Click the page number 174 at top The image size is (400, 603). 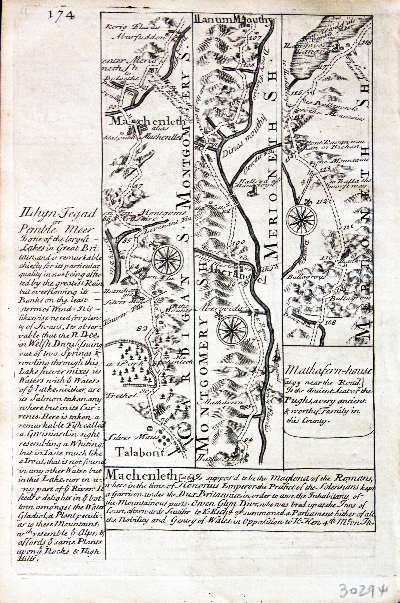coord(61,15)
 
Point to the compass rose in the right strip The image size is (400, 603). coord(302,219)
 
